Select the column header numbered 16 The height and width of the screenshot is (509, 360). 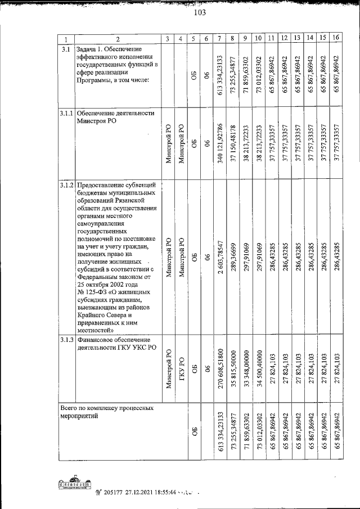pos(336,38)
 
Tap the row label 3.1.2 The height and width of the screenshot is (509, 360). pos(66,186)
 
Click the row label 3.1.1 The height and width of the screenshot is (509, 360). pos(66,113)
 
